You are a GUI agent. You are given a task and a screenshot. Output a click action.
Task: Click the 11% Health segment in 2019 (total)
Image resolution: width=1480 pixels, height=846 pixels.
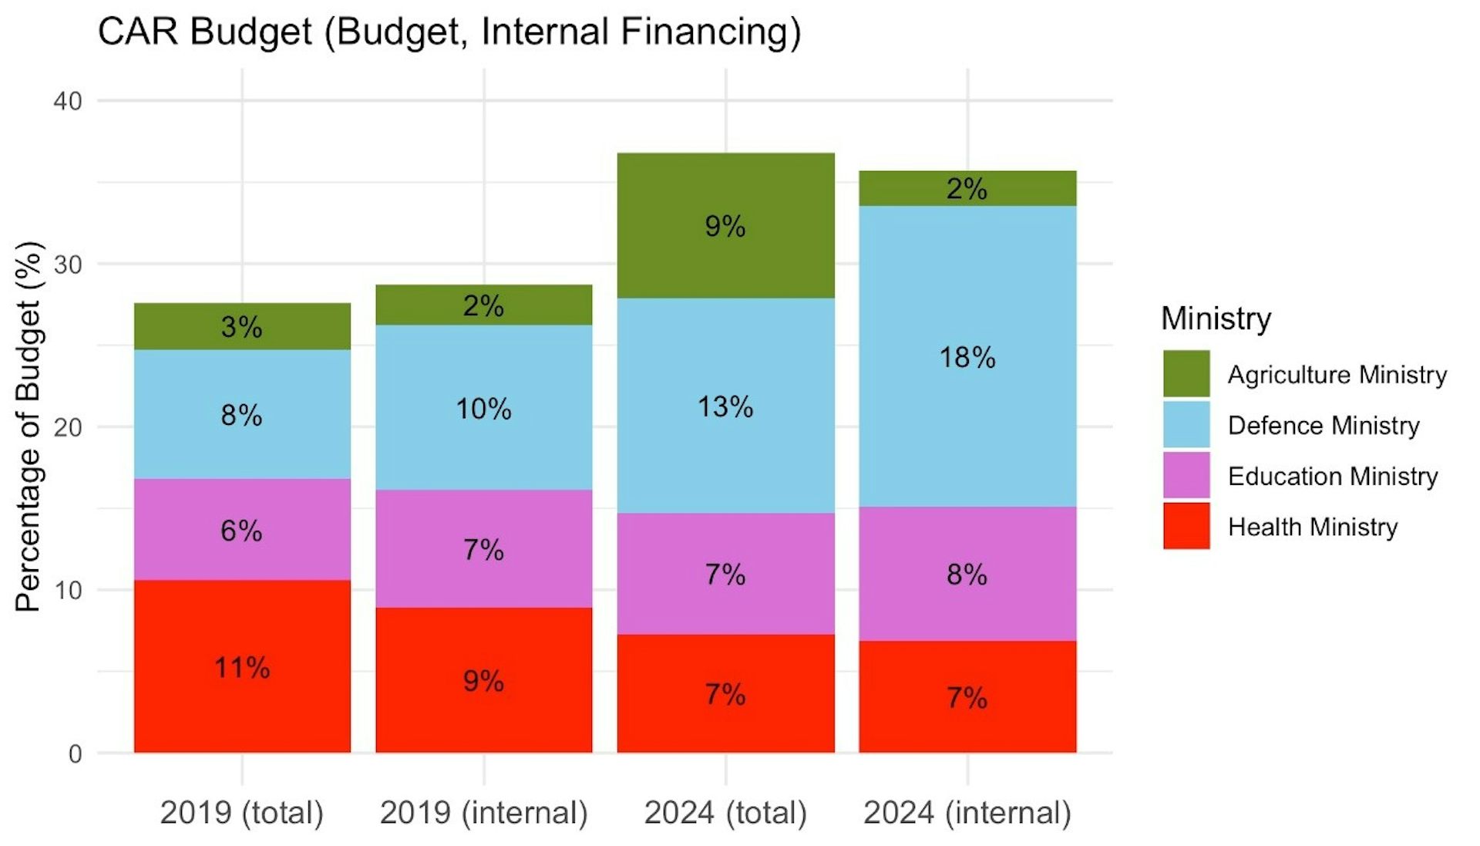[242, 666]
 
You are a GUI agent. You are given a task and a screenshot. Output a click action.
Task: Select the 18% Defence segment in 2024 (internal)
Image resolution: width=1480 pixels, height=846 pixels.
[967, 356]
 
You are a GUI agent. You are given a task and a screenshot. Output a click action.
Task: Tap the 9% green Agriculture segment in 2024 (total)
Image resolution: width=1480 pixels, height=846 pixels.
[725, 225]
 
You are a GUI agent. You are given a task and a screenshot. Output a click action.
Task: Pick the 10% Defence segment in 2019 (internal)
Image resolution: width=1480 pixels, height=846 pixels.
[484, 407]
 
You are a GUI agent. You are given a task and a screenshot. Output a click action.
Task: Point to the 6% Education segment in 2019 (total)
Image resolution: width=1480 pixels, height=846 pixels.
[242, 529]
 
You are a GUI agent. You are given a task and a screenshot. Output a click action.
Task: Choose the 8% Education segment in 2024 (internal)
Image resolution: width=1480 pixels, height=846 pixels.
[967, 574]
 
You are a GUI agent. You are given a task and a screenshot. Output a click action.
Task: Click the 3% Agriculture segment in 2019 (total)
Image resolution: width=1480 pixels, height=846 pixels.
[242, 326]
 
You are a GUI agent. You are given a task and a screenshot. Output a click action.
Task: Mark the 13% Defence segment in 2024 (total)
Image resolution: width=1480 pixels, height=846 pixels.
[725, 406]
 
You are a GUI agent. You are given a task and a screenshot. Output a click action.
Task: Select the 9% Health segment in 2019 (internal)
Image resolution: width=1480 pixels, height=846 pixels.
[484, 680]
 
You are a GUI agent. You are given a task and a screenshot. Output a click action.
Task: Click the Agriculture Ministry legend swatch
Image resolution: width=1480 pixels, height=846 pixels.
[1186, 374]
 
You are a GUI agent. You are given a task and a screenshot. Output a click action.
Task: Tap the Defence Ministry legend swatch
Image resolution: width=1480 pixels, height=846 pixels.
[1186, 425]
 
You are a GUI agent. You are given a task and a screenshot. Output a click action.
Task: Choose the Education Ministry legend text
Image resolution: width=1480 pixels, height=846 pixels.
[1333, 477]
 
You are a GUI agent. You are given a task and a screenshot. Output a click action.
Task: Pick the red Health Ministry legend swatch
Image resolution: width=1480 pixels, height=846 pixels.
[1186, 526]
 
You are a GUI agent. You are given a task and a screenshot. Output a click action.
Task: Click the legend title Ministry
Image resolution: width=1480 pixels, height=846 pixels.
[1216, 319]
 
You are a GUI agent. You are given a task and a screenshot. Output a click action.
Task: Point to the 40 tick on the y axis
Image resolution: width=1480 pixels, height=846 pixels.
[67, 101]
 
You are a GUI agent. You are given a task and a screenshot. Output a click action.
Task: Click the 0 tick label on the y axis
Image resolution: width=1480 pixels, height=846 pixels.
[75, 753]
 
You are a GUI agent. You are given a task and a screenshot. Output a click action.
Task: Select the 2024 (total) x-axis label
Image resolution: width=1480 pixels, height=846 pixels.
[725, 813]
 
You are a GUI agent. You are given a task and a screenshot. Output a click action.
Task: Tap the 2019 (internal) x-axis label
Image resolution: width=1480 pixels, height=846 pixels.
[484, 813]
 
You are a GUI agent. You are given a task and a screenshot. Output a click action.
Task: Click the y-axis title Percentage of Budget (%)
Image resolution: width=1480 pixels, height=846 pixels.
[29, 426]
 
